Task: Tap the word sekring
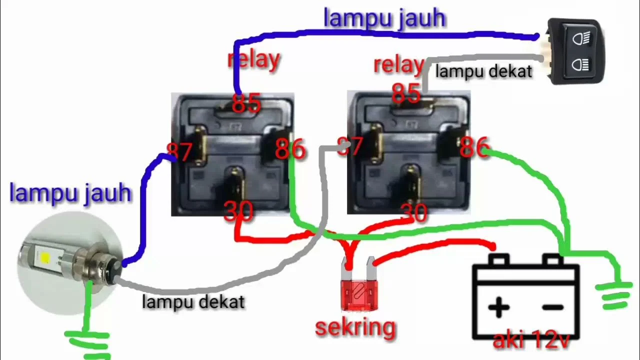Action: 355,327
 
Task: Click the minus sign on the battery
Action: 552,307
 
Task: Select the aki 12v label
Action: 531,340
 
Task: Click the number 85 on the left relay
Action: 246,103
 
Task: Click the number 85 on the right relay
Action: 405,92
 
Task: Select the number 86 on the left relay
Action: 290,149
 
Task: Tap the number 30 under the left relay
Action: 238,211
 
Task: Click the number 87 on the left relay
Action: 179,152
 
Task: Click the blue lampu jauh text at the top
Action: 384,18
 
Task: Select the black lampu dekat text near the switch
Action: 483,71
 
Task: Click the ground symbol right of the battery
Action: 613,295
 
